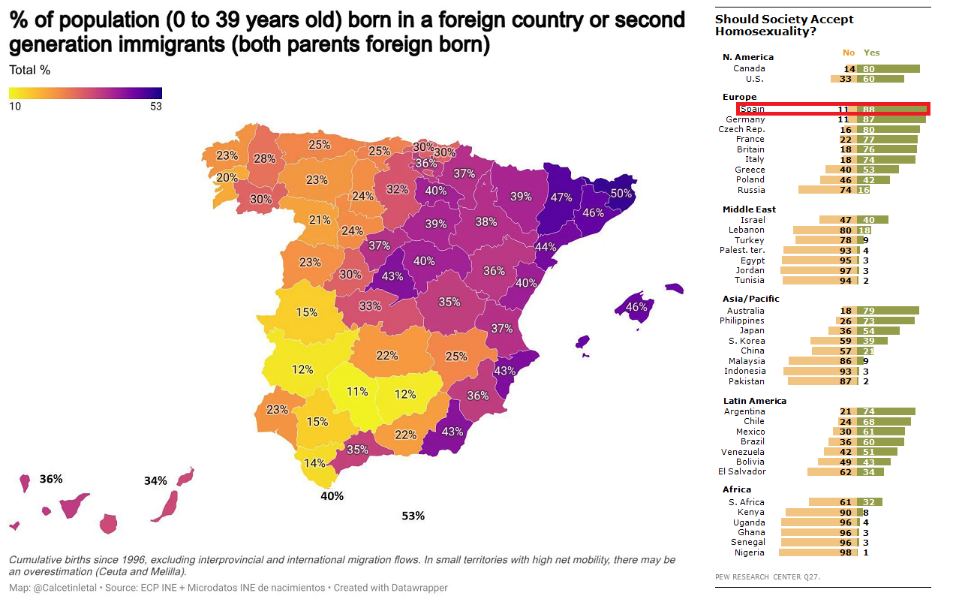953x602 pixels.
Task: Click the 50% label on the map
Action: coord(621,193)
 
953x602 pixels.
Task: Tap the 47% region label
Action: coord(561,197)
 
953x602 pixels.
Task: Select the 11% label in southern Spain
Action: coord(357,391)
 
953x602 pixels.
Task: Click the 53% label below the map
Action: coord(413,516)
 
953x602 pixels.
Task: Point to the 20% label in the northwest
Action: coord(227,178)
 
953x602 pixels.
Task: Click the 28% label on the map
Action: coord(264,158)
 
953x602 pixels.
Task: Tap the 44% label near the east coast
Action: coord(546,247)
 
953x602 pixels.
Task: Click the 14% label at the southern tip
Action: coord(314,463)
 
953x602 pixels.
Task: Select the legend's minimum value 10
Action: coord(15,106)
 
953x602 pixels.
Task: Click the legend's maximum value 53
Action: coord(155,106)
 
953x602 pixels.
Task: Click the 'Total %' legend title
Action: coord(29,71)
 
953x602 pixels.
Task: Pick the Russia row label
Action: coord(751,190)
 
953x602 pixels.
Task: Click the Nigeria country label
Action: coord(750,552)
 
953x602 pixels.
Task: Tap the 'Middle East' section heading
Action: coord(749,209)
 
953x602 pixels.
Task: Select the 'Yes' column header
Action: coord(871,53)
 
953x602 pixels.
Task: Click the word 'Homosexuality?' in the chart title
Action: coord(765,32)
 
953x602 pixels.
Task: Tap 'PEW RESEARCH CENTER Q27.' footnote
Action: coord(768,576)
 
